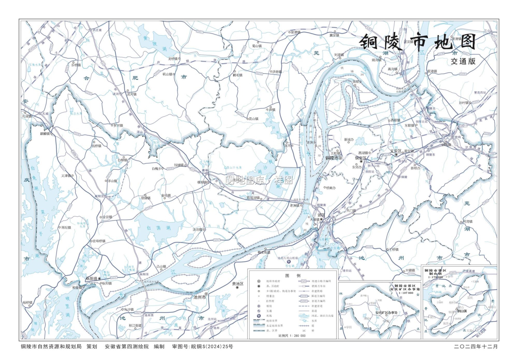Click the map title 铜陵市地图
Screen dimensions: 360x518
point(417,42)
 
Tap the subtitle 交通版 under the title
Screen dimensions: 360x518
point(463,61)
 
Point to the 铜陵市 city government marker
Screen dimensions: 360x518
point(340,158)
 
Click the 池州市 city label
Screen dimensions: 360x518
point(200,297)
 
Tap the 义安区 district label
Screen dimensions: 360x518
point(396,151)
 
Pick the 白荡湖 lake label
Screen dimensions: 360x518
point(159,228)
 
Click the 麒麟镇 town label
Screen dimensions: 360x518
point(45,134)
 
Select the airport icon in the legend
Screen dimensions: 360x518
point(259,315)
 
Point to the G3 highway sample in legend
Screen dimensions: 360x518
point(304,281)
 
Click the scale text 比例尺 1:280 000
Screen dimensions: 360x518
point(292,335)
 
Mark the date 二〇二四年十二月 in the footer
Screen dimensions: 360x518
point(476,347)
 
